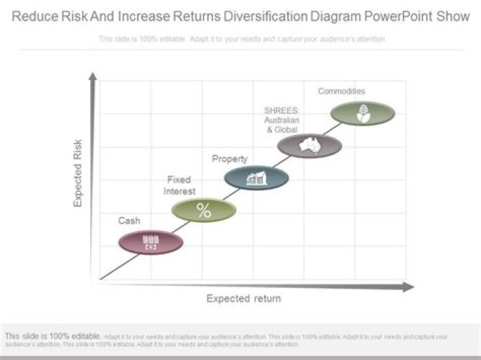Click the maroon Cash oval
tap(150, 242)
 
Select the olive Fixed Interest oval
tap(204, 210)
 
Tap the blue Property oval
tap(257, 178)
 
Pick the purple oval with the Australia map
tap(309, 146)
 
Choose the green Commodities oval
tap(362, 113)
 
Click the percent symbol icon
tap(204, 211)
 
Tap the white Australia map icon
tap(310, 144)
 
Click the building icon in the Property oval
tap(257, 178)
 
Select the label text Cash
tap(129, 220)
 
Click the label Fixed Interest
tap(180, 185)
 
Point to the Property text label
tap(229, 159)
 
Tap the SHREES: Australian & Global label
tap(281, 120)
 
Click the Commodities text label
tap(341, 91)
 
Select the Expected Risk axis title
tap(78, 173)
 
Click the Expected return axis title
tap(243, 299)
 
